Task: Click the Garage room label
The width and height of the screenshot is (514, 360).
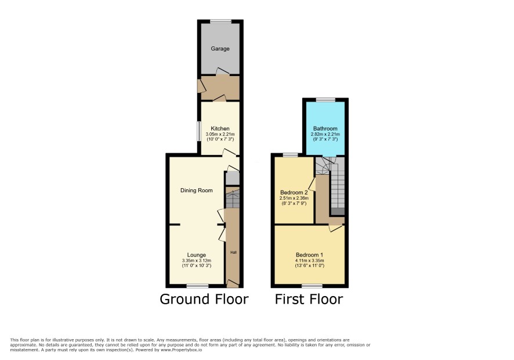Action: tap(220, 49)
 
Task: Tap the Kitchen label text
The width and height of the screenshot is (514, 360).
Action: tap(220, 128)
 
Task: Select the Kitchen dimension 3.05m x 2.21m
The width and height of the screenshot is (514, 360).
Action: tap(220, 134)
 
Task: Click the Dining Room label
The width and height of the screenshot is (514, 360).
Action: tap(196, 190)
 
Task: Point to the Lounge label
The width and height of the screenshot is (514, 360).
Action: tap(196, 255)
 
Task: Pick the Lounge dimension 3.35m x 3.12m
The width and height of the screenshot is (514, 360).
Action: tap(196, 261)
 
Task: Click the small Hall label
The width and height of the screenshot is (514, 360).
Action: tap(233, 253)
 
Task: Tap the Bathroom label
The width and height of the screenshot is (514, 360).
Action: tap(325, 128)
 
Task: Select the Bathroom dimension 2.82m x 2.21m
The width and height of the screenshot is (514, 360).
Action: tap(325, 134)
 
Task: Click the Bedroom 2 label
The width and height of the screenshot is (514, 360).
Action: tap(294, 192)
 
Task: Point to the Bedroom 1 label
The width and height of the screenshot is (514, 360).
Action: tap(309, 255)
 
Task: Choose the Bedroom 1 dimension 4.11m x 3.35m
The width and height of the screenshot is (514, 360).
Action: tap(309, 261)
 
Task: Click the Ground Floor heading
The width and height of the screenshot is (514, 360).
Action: tap(204, 299)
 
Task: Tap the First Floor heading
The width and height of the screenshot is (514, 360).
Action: tap(309, 299)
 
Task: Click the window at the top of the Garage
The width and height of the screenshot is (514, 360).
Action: tap(220, 21)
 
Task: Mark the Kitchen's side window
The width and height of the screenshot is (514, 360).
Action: tap(199, 132)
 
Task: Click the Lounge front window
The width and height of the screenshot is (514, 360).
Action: tap(197, 286)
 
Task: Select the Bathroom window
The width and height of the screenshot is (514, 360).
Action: tap(325, 99)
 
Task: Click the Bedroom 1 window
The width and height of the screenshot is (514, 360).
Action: tap(312, 286)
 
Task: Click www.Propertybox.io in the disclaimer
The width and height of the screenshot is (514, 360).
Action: tap(181, 350)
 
